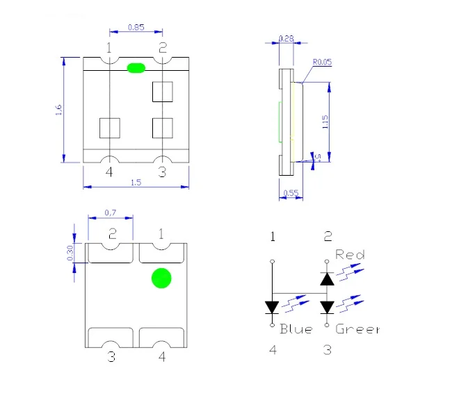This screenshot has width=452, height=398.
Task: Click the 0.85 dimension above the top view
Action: (136, 28)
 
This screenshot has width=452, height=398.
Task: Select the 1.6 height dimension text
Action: (59, 110)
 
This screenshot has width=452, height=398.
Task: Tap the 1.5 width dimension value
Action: (136, 183)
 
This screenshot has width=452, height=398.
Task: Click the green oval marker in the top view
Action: (136, 67)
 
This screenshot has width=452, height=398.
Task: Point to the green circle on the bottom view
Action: (161, 279)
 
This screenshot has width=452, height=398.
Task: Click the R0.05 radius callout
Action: (322, 63)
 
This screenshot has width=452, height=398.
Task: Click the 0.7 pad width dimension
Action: (110, 212)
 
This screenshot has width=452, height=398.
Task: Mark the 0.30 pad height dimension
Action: (70, 253)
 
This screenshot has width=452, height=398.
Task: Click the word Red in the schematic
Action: (350, 255)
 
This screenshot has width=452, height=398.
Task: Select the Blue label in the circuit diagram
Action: (296, 329)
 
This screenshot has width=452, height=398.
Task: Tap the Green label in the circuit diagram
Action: (357, 329)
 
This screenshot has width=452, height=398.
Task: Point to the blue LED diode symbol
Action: (272, 306)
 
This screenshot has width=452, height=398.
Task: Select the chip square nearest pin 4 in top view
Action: (110, 127)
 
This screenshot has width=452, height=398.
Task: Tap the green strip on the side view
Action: (280, 122)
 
